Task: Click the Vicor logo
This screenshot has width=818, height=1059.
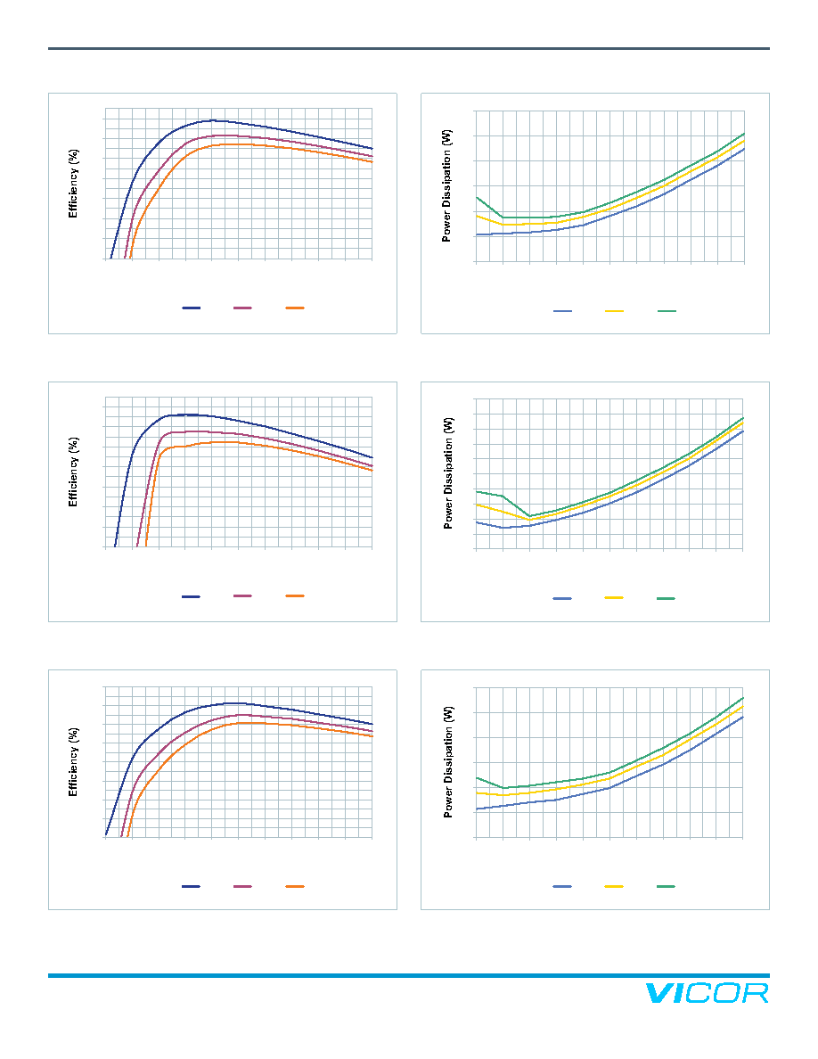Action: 707,993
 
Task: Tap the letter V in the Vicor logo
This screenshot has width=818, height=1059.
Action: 658,993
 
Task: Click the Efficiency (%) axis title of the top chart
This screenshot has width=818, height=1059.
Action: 73,184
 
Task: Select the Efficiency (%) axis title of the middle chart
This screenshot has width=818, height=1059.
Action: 73,472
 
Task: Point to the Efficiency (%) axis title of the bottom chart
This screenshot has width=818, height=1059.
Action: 73,762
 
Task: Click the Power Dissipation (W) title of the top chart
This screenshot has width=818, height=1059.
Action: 446,185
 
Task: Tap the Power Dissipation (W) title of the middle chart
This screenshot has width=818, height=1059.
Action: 448,472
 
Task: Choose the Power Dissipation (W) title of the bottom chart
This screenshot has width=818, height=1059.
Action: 448,762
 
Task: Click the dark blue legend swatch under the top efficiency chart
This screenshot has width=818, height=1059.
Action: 191,308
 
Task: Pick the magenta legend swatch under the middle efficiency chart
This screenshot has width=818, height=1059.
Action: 243,595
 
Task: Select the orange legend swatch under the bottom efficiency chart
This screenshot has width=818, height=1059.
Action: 295,886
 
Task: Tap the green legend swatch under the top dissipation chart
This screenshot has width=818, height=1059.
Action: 667,311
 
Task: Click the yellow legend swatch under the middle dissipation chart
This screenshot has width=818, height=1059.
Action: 614,598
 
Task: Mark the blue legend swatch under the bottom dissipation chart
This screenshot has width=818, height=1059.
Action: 562,886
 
